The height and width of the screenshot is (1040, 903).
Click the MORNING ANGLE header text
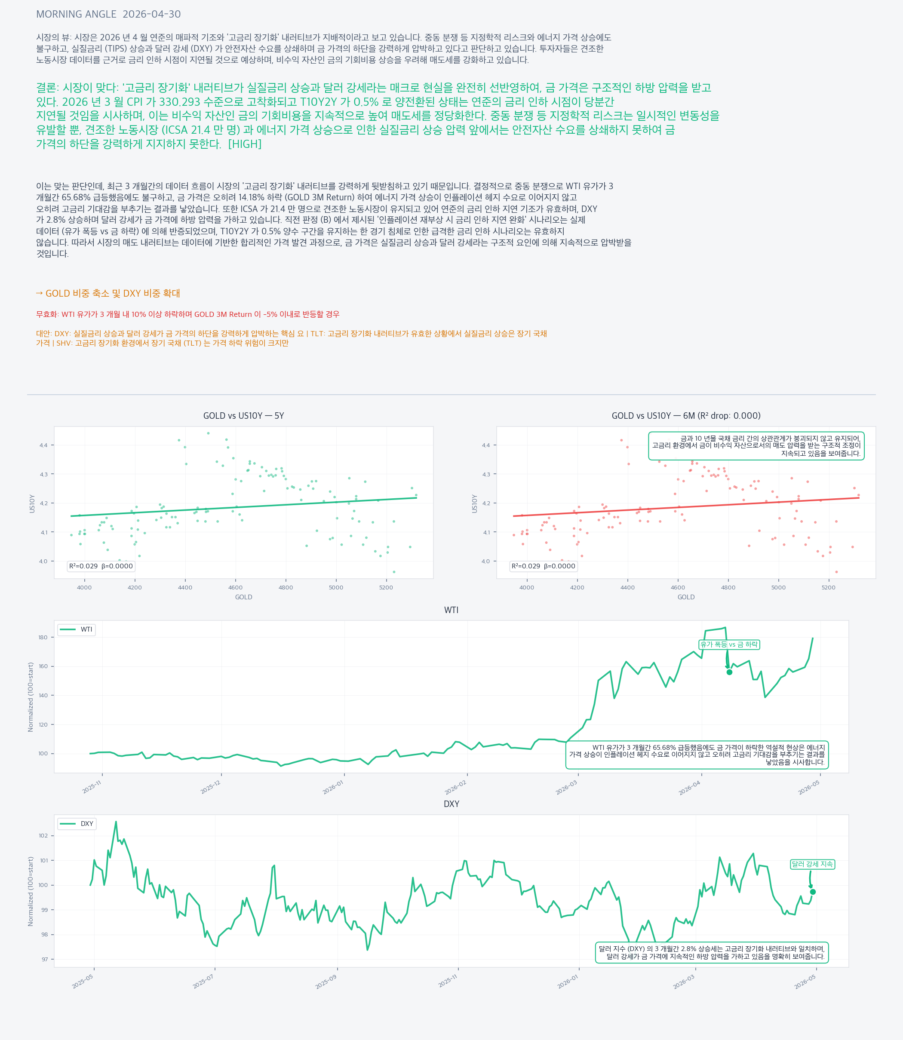[x=76, y=14]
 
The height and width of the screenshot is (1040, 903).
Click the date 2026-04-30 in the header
[x=152, y=14]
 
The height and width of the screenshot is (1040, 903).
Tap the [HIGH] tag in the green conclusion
[x=245, y=144]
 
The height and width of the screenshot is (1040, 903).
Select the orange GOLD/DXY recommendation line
[x=108, y=293]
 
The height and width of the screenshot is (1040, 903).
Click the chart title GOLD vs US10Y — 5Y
[x=243, y=416]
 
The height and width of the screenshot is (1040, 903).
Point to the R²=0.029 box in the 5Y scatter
[x=101, y=566]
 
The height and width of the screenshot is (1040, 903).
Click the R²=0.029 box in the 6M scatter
[x=543, y=566]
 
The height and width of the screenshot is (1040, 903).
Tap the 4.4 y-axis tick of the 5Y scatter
[x=43, y=445]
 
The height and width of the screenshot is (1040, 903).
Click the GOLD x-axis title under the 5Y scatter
[x=243, y=597]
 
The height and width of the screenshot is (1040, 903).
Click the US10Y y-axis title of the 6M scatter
[x=474, y=503]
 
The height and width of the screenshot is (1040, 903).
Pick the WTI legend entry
[x=76, y=629]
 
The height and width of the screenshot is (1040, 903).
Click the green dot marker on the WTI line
[x=729, y=672]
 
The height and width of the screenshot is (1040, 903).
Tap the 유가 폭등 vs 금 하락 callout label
[x=729, y=644]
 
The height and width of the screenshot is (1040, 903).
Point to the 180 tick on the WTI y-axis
[x=43, y=638]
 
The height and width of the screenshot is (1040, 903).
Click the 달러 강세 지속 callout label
[x=812, y=864]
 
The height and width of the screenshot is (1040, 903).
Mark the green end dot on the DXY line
[x=813, y=892]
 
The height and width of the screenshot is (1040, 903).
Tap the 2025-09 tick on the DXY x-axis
[x=326, y=982]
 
